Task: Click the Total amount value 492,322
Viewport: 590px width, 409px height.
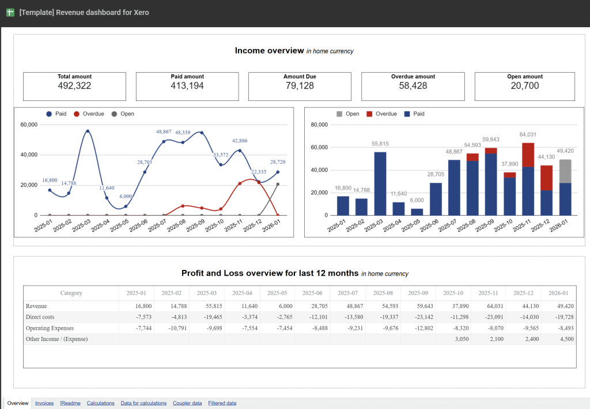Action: (x=74, y=86)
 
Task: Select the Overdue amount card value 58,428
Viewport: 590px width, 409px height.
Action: (x=413, y=86)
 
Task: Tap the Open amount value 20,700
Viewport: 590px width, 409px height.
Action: (x=524, y=86)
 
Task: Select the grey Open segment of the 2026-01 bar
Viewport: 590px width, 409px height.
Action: (x=565, y=171)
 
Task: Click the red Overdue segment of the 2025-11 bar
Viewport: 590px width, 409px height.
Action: (x=528, y=155)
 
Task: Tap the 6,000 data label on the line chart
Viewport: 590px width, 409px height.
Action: (x=126, y=196)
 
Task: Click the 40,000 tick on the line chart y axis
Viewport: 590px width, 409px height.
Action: (x=28, y=155)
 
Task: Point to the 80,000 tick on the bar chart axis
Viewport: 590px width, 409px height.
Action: (x=319, y=125)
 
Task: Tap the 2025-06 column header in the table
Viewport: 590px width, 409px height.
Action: (x=313, y=293)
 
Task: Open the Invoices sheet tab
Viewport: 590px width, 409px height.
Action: (x=44, y=403)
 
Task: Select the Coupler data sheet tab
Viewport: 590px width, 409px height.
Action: (x=187, y=403)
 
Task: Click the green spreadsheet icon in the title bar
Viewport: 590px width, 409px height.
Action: (x=10, y=12)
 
